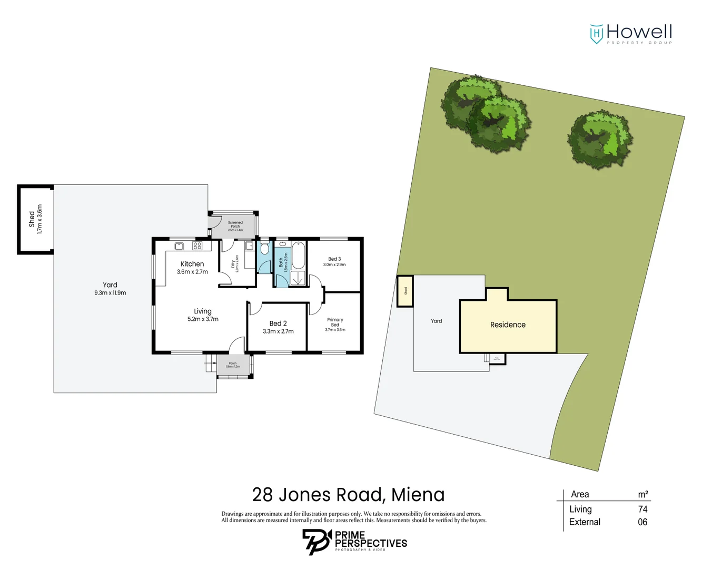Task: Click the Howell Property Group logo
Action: tap(630, 34)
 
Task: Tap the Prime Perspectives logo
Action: tap(354, 542)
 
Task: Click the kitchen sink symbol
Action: tap(179, 246)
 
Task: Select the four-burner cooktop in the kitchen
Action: tap(197, 246)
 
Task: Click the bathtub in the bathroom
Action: tap(298, 255)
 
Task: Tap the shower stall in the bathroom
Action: tap(298, 278)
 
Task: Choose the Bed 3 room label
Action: tap(334, 259)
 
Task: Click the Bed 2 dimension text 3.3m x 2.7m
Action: tap(278, 331)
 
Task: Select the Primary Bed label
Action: tap(335, 322)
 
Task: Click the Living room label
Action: tap(203, 311)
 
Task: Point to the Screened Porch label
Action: tap(235, 224)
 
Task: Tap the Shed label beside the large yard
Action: tap(32, 219)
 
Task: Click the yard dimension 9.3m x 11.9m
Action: tap(110, 293)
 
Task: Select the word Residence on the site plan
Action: tap(508, 325)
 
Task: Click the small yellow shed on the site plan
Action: tap(405, 291)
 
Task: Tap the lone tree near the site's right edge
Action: tap(600, 139)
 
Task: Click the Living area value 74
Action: tap(642, 509)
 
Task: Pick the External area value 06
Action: tap(642, 522)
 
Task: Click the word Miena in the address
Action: tap(418, 495)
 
